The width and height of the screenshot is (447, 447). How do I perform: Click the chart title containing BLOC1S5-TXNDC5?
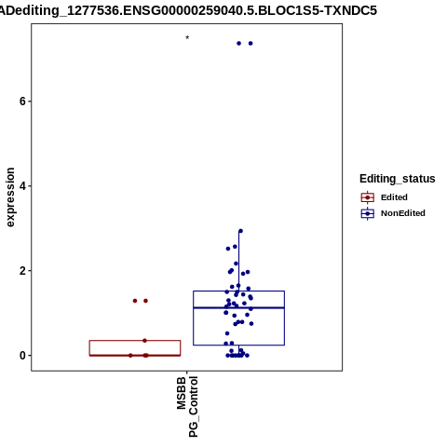point(188,10)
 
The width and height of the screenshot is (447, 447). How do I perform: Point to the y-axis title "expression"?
point(10,197)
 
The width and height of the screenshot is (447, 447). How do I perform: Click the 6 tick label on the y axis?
point(22,102)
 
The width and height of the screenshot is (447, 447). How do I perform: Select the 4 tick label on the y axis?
point(22,186)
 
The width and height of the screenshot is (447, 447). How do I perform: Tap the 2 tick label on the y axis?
point(22,271)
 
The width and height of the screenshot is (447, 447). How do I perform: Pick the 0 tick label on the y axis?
point(22,356)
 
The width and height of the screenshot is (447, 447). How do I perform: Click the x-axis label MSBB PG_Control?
point(187,407)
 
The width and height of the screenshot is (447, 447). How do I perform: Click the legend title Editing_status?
point(398,179)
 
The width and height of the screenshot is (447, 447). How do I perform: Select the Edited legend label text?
point(394,197)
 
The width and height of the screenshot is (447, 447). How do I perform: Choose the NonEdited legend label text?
point(403,213)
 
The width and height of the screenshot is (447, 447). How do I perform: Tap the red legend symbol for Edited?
point(368,197)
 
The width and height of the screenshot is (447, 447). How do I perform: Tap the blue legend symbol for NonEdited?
point(368,213)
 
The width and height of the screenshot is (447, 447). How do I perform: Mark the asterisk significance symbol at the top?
point(187,37)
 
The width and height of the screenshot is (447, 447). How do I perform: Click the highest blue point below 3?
point(240,231)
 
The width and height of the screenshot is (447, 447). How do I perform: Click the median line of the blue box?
point(238,307)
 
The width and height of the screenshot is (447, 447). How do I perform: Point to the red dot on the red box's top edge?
point(144,341)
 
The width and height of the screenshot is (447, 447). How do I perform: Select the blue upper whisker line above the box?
point(238,261)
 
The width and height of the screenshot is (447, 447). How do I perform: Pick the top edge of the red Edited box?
point(135,341)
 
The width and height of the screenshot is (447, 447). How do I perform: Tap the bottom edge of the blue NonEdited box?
point(238,345)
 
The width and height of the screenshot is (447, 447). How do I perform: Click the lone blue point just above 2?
point(236,264)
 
